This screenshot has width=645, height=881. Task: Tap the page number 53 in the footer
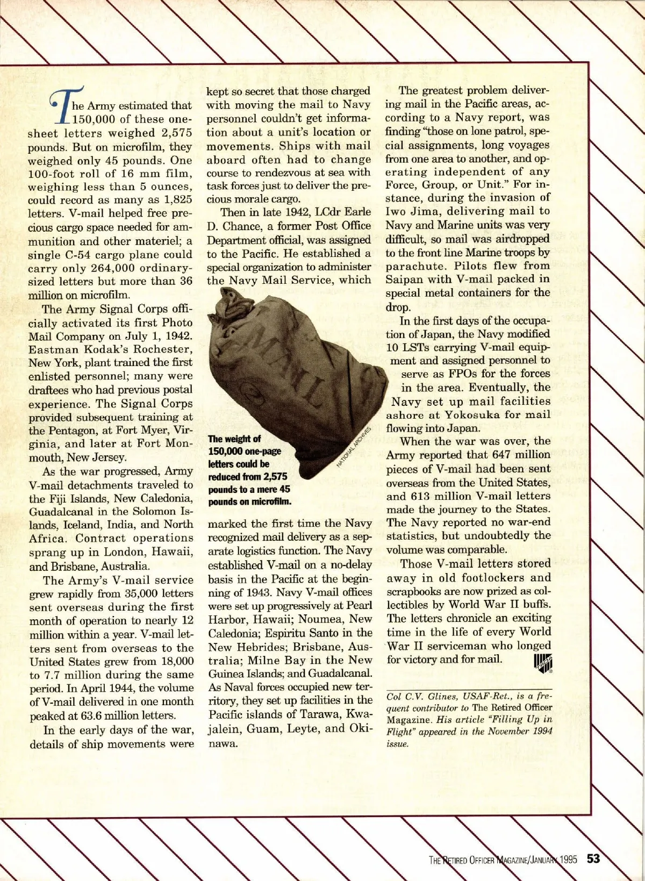(593, 858)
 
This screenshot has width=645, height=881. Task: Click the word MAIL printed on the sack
(290, 371)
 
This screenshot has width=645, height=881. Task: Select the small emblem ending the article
(543, 662)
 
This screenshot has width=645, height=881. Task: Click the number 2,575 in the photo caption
(270, 477)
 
